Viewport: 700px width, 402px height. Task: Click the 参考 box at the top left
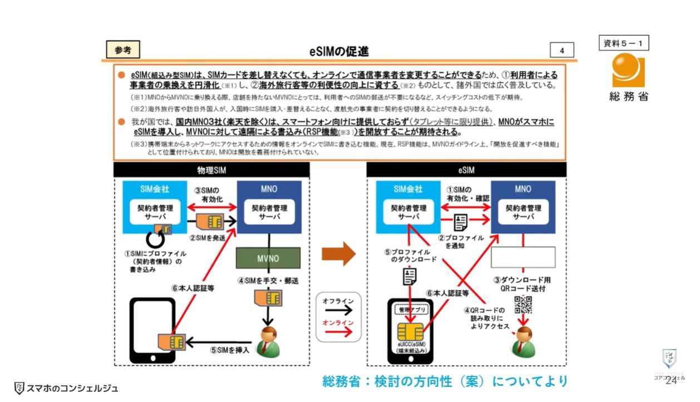tap(122, 50)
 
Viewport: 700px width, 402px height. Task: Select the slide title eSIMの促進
tap(339, 52)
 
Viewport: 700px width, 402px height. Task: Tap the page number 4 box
tap(561, 50)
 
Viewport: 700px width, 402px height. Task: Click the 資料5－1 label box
tap(624, 43)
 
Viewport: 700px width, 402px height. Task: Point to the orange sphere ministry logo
tap(628, 70)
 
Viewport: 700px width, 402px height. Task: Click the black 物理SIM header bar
tap(212, 170)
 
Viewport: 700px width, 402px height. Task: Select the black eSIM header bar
tap(466, 170)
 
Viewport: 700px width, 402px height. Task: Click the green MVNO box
tap(268, 259)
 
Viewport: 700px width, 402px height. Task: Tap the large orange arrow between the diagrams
tap(338, 254)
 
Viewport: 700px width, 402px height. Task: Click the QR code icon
tap(523, 305)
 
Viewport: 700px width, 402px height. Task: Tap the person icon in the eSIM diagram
tap(524, 342)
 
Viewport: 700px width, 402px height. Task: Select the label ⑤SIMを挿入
tap(229, 350)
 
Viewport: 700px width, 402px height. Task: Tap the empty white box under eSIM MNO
tap(523, 257)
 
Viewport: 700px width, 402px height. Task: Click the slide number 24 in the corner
tap(671, 380)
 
